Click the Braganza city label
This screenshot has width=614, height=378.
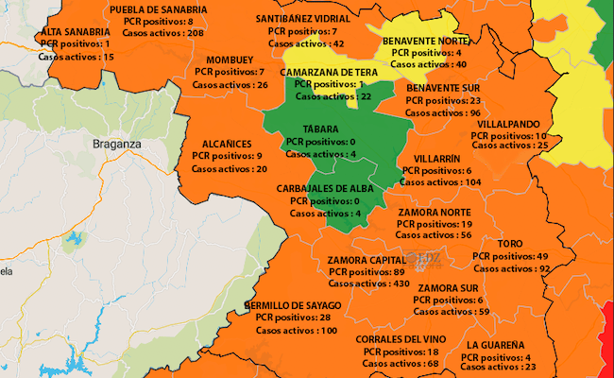tap(117, 144)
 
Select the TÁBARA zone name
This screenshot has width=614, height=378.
tap(320, 129)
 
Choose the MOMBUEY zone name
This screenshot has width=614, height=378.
tap(231, 59)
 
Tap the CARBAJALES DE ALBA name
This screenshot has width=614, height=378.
tap(325, 189)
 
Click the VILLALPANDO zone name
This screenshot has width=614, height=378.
tap(508, 124)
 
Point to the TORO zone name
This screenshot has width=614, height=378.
tap(509, 244)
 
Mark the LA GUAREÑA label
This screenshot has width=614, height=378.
tap(495, 345)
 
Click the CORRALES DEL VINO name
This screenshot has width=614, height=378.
tap(401, 339)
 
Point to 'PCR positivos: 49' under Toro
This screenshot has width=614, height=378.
tap(509, 256)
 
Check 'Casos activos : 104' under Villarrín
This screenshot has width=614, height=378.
tap(441, 182)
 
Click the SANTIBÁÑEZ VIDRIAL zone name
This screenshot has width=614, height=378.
tap(302, 19)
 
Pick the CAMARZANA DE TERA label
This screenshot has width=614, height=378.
tap(331, 72)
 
